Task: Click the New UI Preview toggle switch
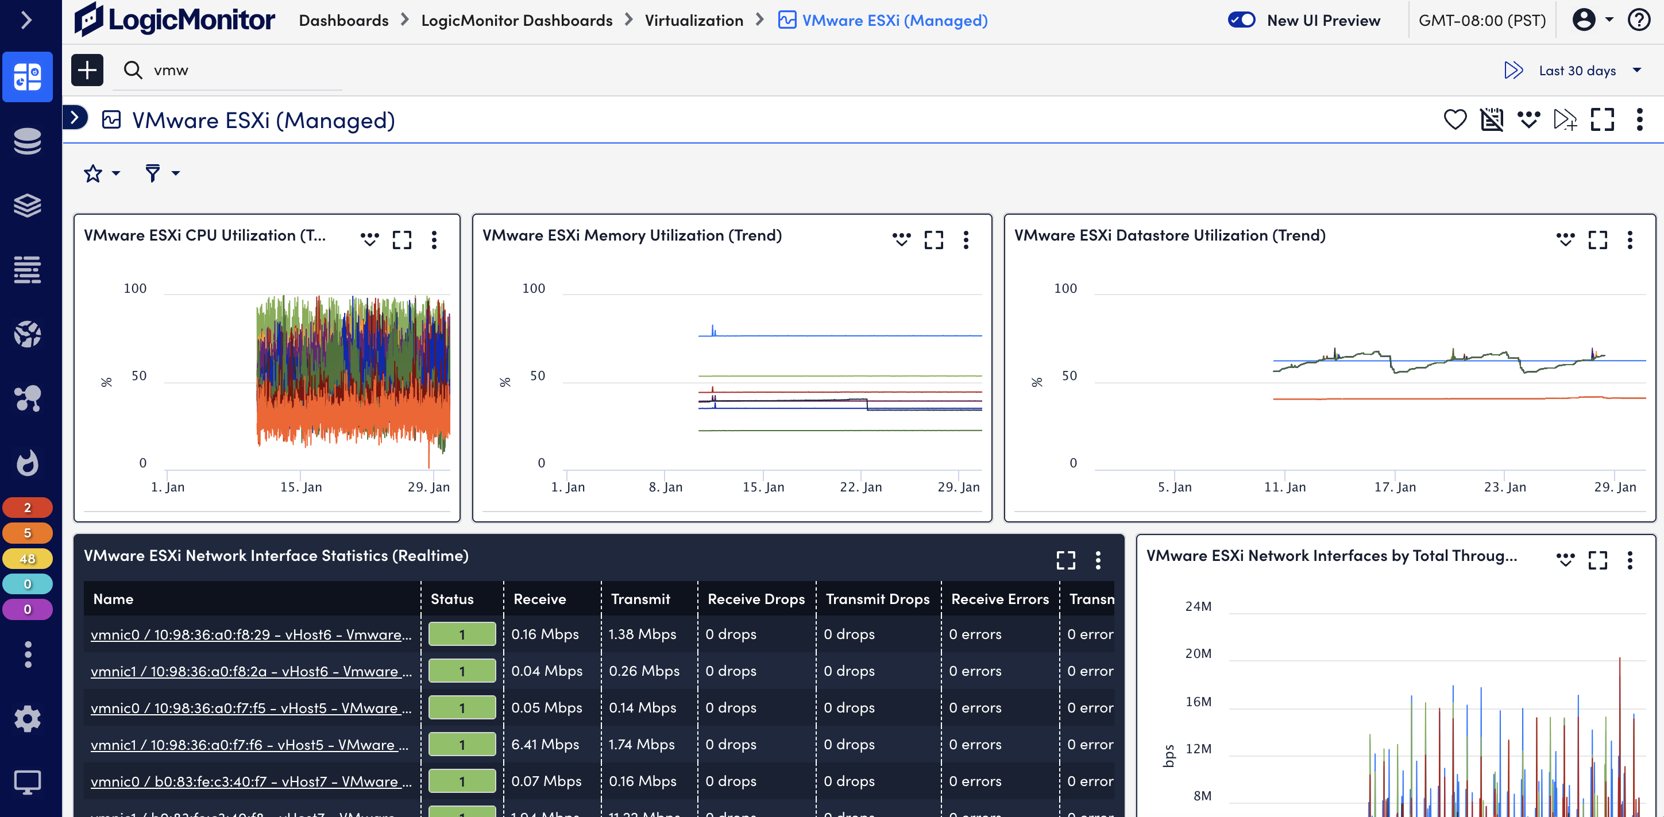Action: click(x=1241, y=20)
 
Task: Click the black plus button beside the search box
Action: click(x=87, y=69)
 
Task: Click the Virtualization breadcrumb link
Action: click(x=694, y=21)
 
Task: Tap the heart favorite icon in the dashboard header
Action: click(x=1455, y=119)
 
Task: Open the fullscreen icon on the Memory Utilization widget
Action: click(x=933, y=240)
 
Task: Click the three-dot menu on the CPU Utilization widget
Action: click(x=434, y=240)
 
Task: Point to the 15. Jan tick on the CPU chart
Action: click(x=301, y=487)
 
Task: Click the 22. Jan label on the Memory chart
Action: click(x=860, y=487)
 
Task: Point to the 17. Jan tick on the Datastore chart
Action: click(x=1395, y=487)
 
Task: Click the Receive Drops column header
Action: click(x=756, y=599)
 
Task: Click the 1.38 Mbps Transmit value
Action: click(x=642, y=634)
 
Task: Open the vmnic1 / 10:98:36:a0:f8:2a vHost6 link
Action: click(x=250, y=671)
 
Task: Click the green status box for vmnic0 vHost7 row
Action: click(x=462, y=781)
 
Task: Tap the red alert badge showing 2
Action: click(x=27, y=508)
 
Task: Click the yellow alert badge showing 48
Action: click(x=27, y=559)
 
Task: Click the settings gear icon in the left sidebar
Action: click(x=27, y=718)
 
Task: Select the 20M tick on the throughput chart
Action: click(x=1198, y=653)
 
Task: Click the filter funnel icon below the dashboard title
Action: click(x=152, y=173)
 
